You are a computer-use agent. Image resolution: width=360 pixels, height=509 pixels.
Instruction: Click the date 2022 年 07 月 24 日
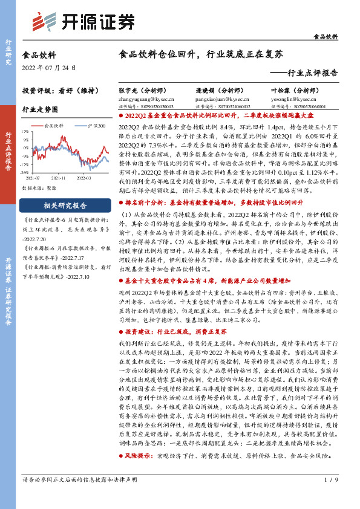point(46,66)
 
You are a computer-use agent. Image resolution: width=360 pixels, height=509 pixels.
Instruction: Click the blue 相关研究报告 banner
point(59,206)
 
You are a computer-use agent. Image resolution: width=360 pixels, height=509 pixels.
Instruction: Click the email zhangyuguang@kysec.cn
point(151,97)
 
